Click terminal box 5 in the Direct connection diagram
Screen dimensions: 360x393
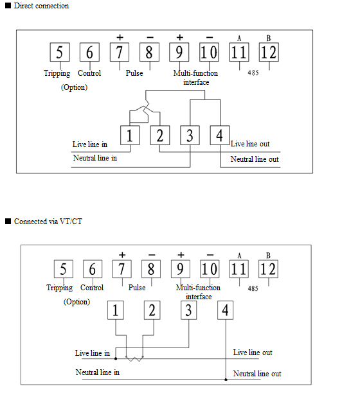click(x=60, y=52)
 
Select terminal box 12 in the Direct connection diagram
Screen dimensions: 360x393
click(x=269, y=52)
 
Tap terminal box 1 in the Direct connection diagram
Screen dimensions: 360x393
click(x=130, y=135)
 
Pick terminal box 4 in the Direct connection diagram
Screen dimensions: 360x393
click(x=220, y=135)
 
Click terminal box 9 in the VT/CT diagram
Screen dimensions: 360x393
click(x=181, y=269)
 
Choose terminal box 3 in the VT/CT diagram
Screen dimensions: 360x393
click(x=188, y=310)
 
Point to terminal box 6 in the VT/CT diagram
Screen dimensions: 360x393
click(x=93, y=269)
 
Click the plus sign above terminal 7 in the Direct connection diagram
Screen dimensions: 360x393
click(x=120, y=37)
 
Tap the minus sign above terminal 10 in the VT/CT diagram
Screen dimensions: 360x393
click(x=210, y=255)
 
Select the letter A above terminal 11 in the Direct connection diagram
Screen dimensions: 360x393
click(x=239, y=39)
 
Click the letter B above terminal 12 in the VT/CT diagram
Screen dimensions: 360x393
click(x=268, y=256)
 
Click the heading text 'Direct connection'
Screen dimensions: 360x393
click(x=41, y=6)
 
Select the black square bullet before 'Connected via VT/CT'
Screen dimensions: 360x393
click(x=8, y=221)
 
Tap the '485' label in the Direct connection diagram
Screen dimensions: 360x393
click(x=253, y=73)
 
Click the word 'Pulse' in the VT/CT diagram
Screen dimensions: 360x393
click(x=137, y=288)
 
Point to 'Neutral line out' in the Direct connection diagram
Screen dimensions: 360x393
click(x=255, y=159)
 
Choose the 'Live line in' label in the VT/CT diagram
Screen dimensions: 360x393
click(x=93, y=353)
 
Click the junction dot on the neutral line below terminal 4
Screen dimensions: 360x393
click(x=226, y=380)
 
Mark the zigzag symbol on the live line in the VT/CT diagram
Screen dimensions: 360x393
click(x=134, y=359)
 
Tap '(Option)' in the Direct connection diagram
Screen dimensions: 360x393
click(x=75, y=87)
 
